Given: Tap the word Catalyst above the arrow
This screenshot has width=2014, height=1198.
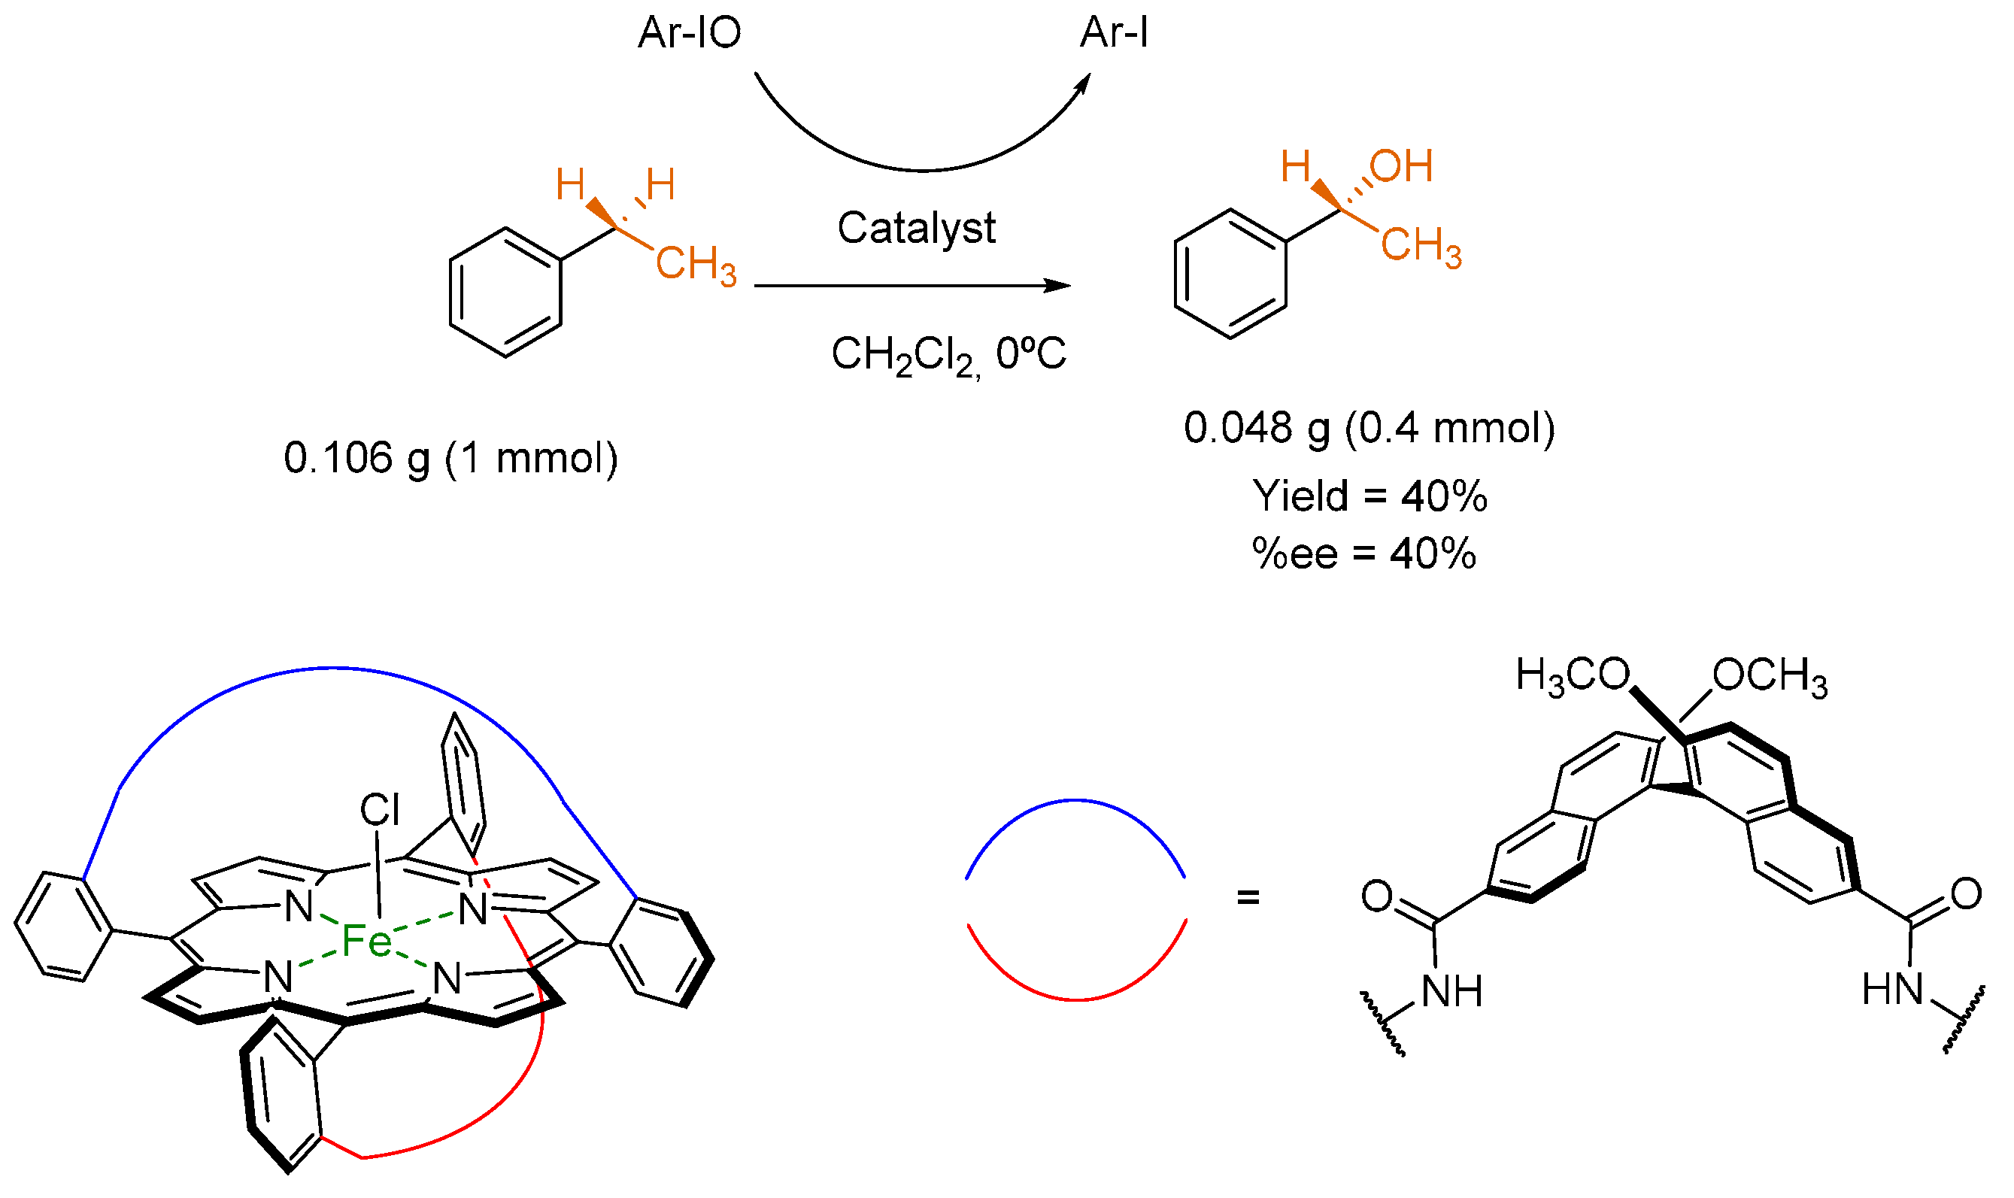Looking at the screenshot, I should [x=915, y=229].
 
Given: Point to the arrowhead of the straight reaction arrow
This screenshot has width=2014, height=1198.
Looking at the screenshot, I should [x=1058, y=286].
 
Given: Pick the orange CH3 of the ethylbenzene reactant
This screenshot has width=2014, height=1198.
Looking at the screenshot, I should [x=695, y=264].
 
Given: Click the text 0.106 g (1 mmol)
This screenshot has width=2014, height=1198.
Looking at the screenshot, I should [x=450, y=459].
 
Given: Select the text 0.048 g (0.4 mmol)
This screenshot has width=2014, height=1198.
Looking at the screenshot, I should [x=1369, y=428].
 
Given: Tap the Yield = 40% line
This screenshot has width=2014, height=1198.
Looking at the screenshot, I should [x=1369, y=496].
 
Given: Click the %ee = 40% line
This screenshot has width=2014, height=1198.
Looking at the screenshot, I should [x=1363, y=554].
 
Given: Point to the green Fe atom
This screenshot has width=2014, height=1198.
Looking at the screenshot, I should [x=366, y=942].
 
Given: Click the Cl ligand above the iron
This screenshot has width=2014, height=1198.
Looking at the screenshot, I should [x=379, y=811].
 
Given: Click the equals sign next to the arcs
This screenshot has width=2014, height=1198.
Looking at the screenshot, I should [x=1248, y=897].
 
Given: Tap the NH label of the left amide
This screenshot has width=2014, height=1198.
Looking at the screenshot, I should [x=1451, y=991].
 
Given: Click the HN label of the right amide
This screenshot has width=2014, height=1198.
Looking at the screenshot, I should [x=1893, y=990].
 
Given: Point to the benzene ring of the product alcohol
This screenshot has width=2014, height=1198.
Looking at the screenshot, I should [x=1230, y=274].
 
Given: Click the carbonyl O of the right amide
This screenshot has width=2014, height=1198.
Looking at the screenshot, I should [x=1966, y=894].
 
